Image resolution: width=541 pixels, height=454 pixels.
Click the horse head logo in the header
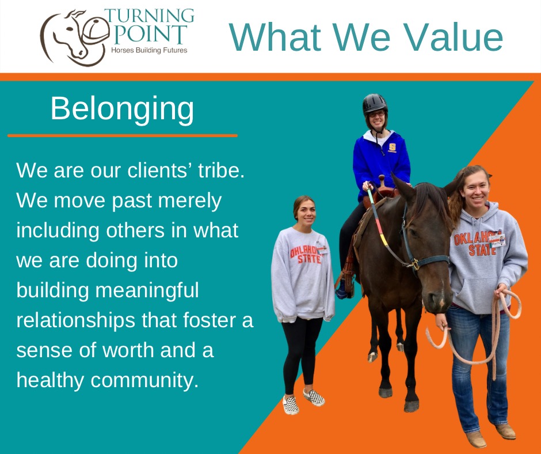pos(74,38)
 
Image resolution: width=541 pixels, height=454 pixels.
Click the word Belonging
pos(122,109)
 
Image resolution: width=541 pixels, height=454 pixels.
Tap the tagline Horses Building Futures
pos(149,51)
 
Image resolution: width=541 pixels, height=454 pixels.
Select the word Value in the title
pos(455,37)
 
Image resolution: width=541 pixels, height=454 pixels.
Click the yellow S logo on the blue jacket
pos(392,148)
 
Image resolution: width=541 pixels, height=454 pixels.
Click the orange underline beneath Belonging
pos(123,136)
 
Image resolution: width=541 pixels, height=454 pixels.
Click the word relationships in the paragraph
pos(75,321)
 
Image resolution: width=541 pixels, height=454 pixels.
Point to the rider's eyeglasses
pos(377,113)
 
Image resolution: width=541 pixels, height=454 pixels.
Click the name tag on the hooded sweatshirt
pos(497,240)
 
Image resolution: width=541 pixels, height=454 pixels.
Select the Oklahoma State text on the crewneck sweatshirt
pos(306,255)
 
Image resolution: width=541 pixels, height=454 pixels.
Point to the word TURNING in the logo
pos(149,16)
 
